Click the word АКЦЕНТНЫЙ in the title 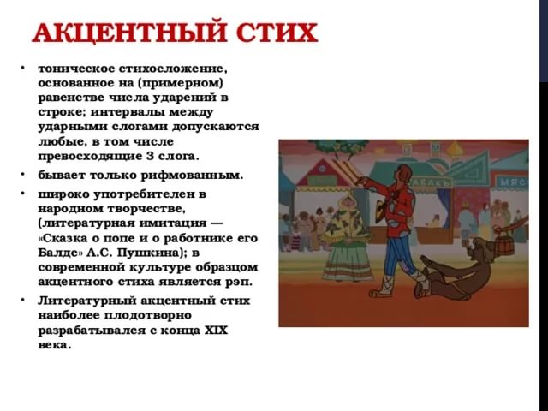129,33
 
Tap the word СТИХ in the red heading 277,33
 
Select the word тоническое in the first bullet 76,68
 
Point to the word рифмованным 192,175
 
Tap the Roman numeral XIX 216,330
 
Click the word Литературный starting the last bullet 87,301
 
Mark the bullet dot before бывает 23,173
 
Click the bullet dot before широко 23,192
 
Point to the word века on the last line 54,345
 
